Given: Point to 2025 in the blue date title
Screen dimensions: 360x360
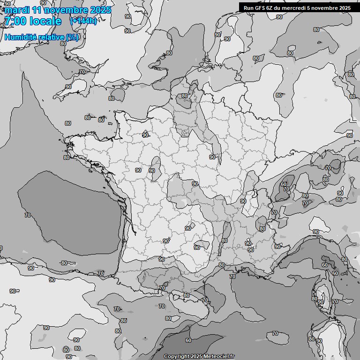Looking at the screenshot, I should pos(100,10).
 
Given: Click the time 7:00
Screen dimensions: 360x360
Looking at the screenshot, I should pos(15,21).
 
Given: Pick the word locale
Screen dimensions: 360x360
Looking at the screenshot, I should pos(45,21).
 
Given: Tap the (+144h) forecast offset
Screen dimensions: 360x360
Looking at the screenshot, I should pos(83,21).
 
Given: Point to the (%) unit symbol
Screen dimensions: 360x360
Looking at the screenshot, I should pos(73,37).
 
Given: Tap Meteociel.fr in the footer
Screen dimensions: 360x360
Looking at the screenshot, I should pos(219,356).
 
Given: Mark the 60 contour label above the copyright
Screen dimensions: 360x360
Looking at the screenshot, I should pos(188,340).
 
